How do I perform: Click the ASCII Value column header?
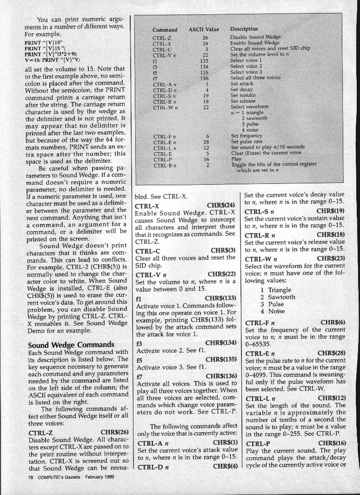(203, 29)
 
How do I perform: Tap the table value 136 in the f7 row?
(205, 77)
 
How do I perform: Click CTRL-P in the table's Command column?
(162, 159)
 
